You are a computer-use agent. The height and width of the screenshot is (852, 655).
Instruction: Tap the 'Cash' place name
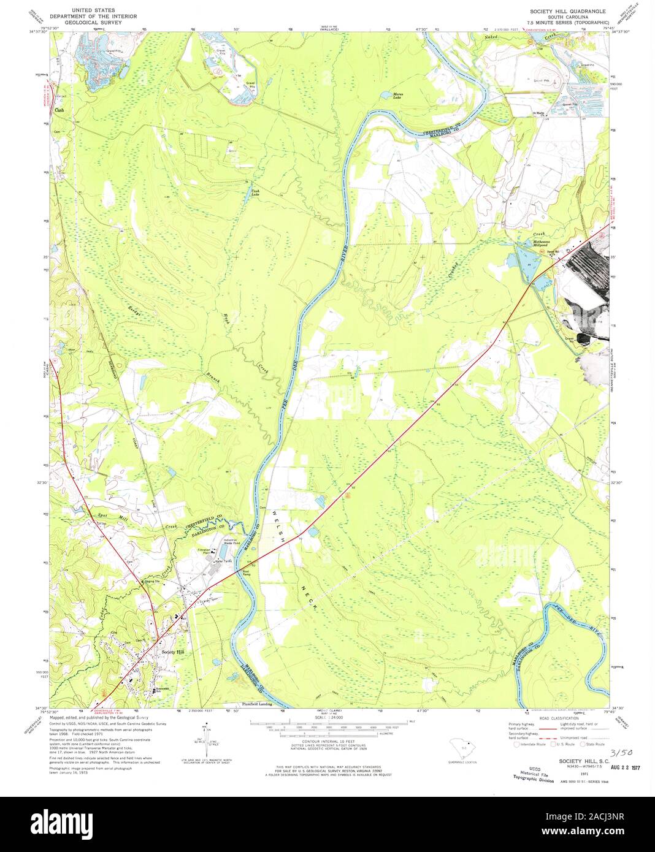pyautogui.click(x=59, y=110)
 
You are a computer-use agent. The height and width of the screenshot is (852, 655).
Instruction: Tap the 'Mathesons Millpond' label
pyautogui.click(x=541, y=243)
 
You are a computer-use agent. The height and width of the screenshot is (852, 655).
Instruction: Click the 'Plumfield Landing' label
pyautogui.click(x=258, y=704)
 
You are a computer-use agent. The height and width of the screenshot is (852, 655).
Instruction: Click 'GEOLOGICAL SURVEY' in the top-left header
pyautogui.click(x=96, y=22)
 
